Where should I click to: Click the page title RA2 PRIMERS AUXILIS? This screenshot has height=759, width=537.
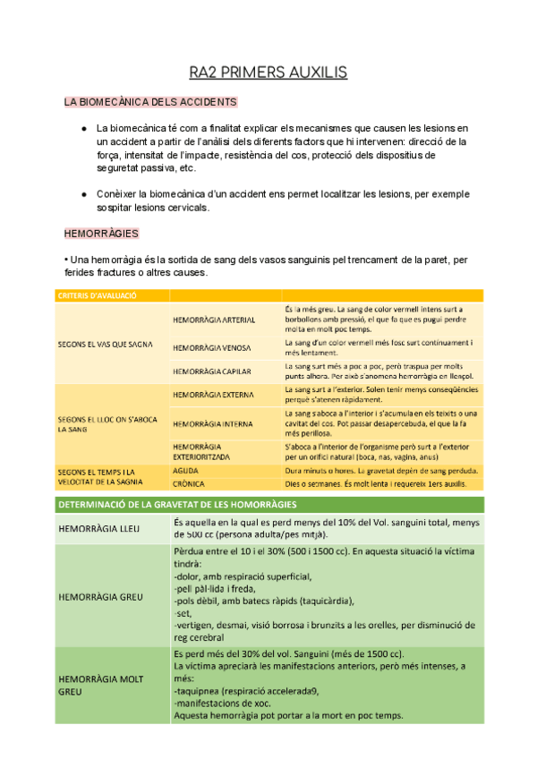pos(268,71)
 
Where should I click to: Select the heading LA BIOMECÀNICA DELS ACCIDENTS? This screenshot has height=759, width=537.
pos(150,102)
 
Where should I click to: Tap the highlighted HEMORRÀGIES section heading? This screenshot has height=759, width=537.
pos(101,234)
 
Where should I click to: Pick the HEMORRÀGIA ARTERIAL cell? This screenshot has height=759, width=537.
pos(214,320)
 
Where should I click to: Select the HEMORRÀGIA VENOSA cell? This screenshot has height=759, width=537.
pos(212,347)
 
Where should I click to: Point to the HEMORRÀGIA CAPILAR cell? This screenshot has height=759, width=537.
pos(212,371)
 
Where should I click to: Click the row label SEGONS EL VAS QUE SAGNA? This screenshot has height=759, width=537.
pos(105,344)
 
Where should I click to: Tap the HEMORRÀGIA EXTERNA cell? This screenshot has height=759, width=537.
pos(213,394)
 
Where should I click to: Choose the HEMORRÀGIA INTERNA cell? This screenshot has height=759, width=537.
pos(212,423)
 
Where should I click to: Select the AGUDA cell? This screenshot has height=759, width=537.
pos(186,470)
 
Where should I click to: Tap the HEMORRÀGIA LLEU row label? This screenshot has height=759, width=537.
pos(98,529)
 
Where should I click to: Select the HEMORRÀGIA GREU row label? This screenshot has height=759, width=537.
pos(99,595)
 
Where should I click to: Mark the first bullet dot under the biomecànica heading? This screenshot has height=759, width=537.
pos(83,129)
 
